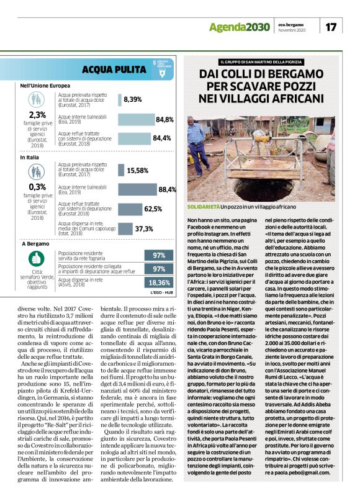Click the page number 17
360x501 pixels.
tap(331, 27)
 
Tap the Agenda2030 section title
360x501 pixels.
tap(239, 27)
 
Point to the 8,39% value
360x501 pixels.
tap(133, 99)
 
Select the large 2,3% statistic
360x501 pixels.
tap(37, 115)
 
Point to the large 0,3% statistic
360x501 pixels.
tap(37, 186)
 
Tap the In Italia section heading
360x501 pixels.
tap(32, 158)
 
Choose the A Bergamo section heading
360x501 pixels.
tap(35, 245)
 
